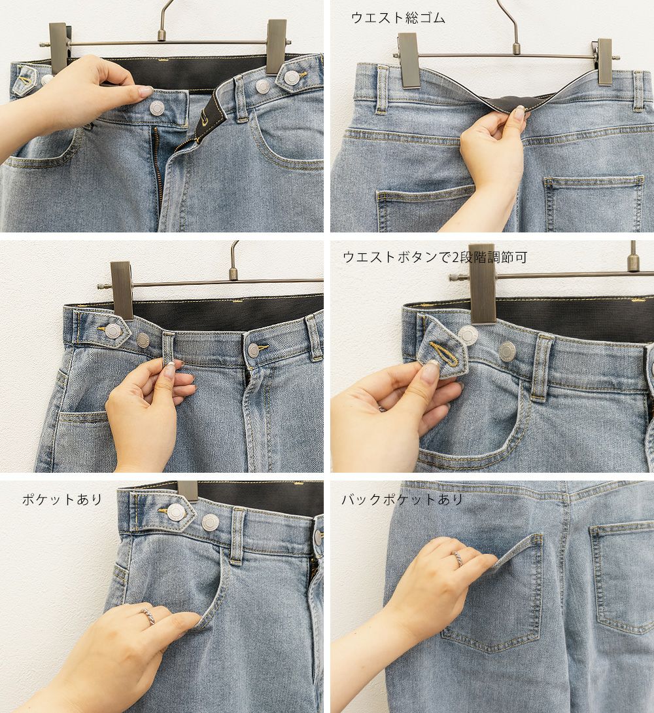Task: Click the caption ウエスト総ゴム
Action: coord(398,18)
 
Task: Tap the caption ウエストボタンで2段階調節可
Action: coord(435,257)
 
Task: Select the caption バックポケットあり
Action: coord(402,500)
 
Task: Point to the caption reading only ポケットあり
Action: coord(61,500)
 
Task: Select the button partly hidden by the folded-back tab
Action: coord(468,335)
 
